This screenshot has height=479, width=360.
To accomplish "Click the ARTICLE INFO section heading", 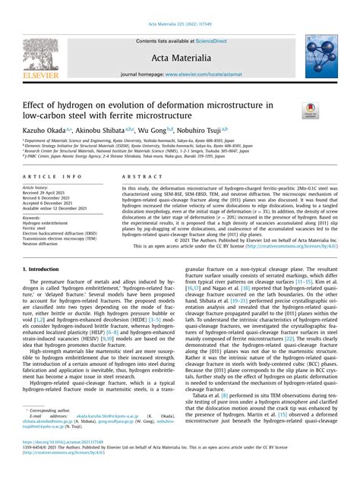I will tap(48, 175).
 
